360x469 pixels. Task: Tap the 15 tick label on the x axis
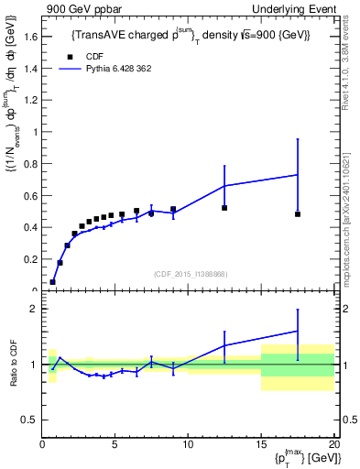tap(261, 443)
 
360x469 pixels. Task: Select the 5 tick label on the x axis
tap(115, 443)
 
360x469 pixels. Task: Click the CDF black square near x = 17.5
tap(298, 214)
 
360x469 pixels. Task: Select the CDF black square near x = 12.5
tap(224, 208)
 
